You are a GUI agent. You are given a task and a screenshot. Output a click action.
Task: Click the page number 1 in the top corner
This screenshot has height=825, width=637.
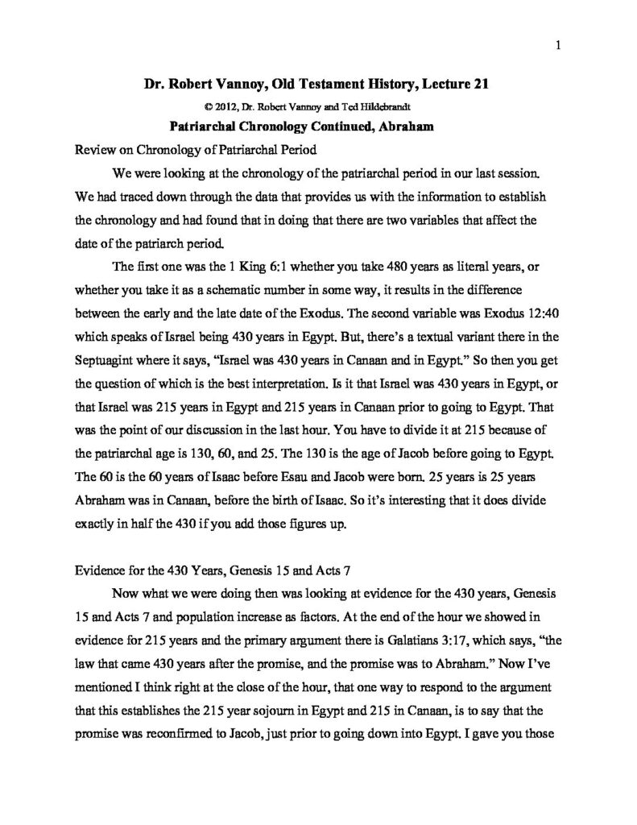557,46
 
